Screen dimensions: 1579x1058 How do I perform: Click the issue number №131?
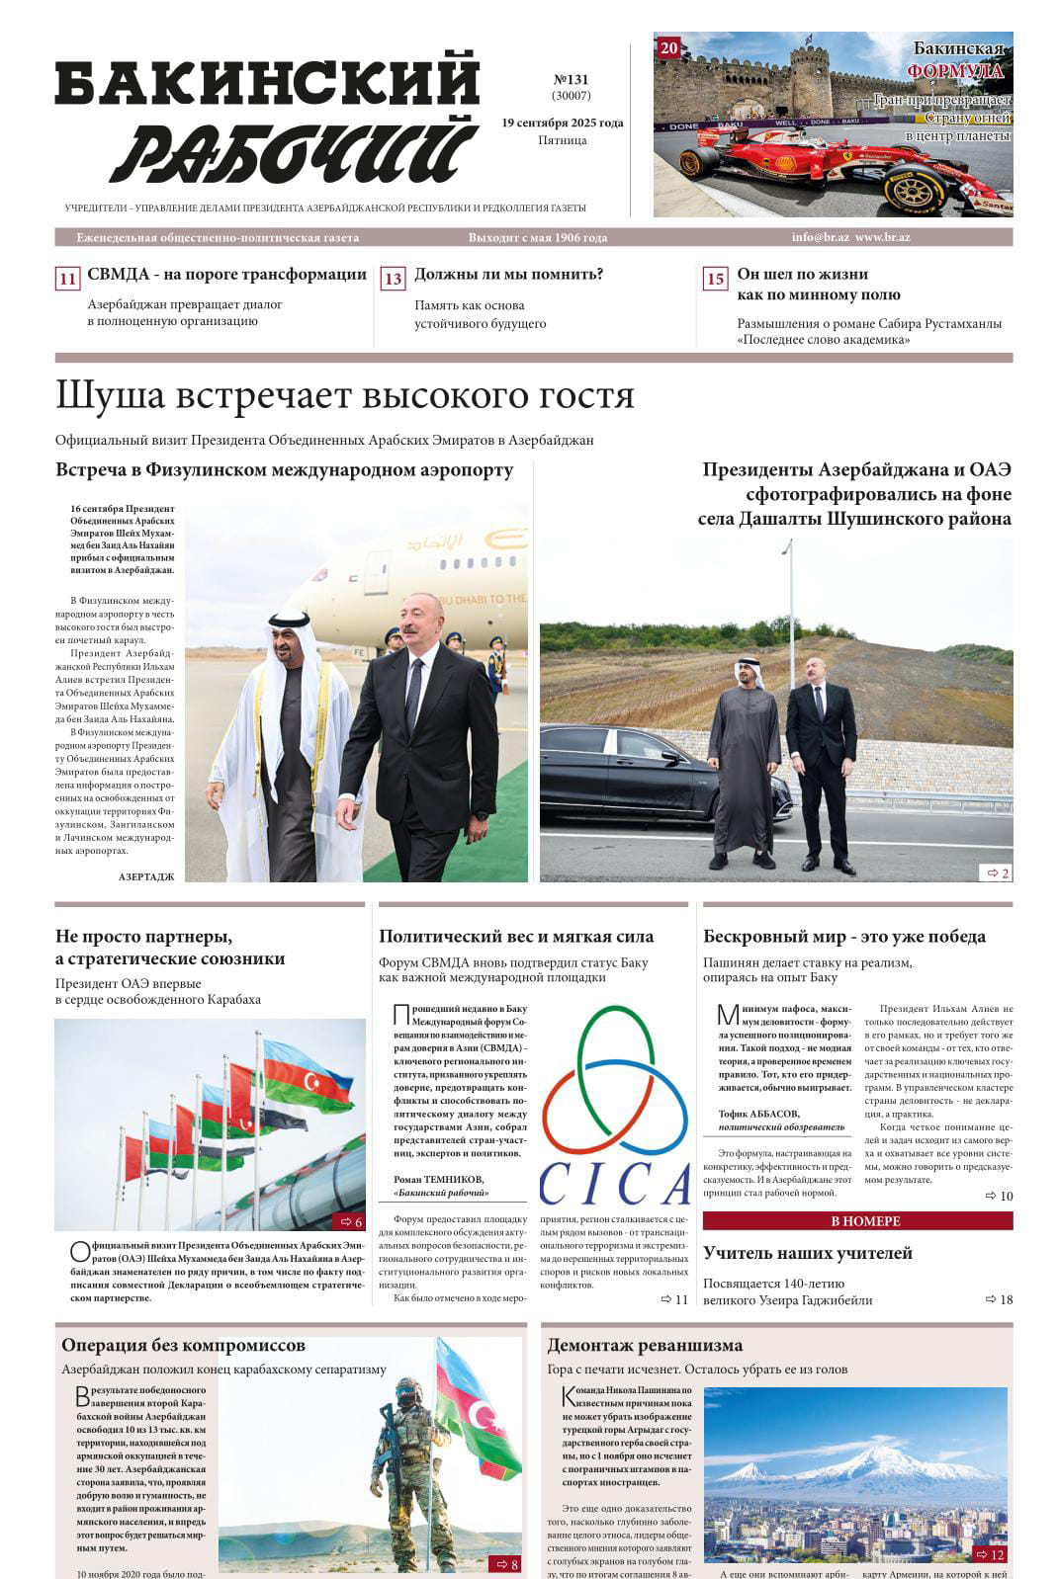pos(571,79)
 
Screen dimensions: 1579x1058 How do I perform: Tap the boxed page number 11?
pos(67,279)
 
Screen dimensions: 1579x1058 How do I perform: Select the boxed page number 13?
pos(394,279)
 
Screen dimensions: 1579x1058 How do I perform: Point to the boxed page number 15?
pos(715,279)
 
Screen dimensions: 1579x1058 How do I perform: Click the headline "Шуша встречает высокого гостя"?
pos(344,395)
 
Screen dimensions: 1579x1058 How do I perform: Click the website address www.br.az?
pos(882,238)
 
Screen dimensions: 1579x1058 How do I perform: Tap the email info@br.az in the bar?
pos(820,238)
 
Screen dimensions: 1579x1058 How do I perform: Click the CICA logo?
pos(614,1107)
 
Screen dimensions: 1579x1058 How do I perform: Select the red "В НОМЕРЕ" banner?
pos(857,1221)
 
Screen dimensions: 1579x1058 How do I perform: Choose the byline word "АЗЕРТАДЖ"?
pos(145,876)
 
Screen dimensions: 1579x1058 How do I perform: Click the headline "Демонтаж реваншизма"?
pos(645,1345)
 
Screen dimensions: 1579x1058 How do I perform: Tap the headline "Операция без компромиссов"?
pos(183,1345)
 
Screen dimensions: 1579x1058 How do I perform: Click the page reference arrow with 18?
pos(999,1299)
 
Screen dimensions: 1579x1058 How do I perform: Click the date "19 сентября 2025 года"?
pos(562,124)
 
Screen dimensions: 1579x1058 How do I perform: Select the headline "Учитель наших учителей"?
pos(807,1253)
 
